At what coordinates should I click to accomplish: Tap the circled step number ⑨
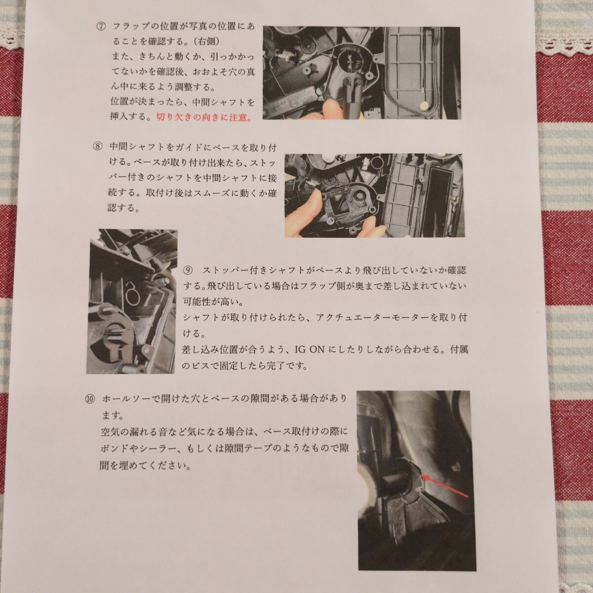click(187, 270)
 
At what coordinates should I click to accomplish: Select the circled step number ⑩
click(91, 398)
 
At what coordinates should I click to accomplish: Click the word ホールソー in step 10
click(124, 398)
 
